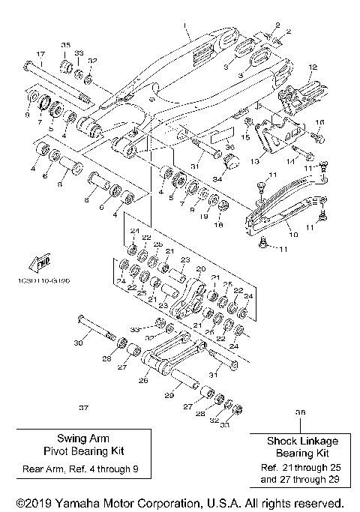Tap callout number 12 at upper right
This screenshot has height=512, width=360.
point(312,67)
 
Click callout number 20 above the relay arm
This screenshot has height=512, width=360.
point(199,268)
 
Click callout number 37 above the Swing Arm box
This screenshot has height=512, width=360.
point(83,408)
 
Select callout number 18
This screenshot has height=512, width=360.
point(220,223)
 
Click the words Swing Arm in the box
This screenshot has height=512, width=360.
point(80,439)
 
